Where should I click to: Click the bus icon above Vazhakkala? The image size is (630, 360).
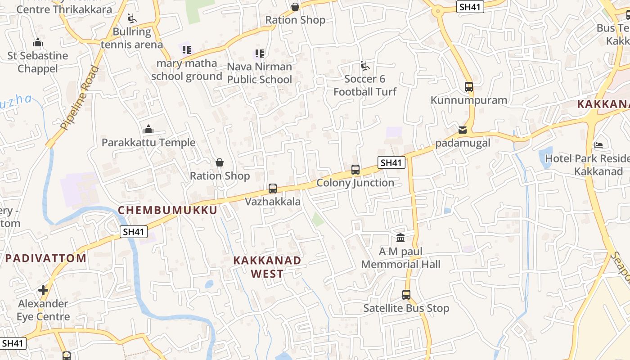(273, 189)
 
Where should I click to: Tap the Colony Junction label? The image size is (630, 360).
(355, 183)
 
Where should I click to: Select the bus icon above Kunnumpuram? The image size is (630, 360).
(469, 87)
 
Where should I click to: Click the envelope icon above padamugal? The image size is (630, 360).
(463, 130)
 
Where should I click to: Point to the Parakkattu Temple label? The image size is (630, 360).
(148, 143)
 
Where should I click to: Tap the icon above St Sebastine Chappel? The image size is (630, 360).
(38, 43)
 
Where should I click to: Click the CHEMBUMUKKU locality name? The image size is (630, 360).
(167, 210)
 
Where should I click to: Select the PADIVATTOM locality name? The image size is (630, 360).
(46, 258)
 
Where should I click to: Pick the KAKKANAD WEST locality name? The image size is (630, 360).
(267, 267)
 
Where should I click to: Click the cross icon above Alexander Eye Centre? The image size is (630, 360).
(43, 290)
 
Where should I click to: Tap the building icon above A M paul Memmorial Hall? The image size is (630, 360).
(400, 238)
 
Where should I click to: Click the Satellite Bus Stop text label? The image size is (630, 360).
(406, 308)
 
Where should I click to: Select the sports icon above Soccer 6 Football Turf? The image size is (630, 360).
(365, 66)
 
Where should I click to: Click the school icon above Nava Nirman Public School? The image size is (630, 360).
(259, 54)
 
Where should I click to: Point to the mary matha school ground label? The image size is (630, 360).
(187, 70)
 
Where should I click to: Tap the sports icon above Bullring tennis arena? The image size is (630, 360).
(132, 18)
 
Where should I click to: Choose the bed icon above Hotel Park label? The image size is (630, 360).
(598, 145)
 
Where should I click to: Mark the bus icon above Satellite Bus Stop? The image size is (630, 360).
(406, 295)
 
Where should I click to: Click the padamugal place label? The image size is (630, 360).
(463, 144)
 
